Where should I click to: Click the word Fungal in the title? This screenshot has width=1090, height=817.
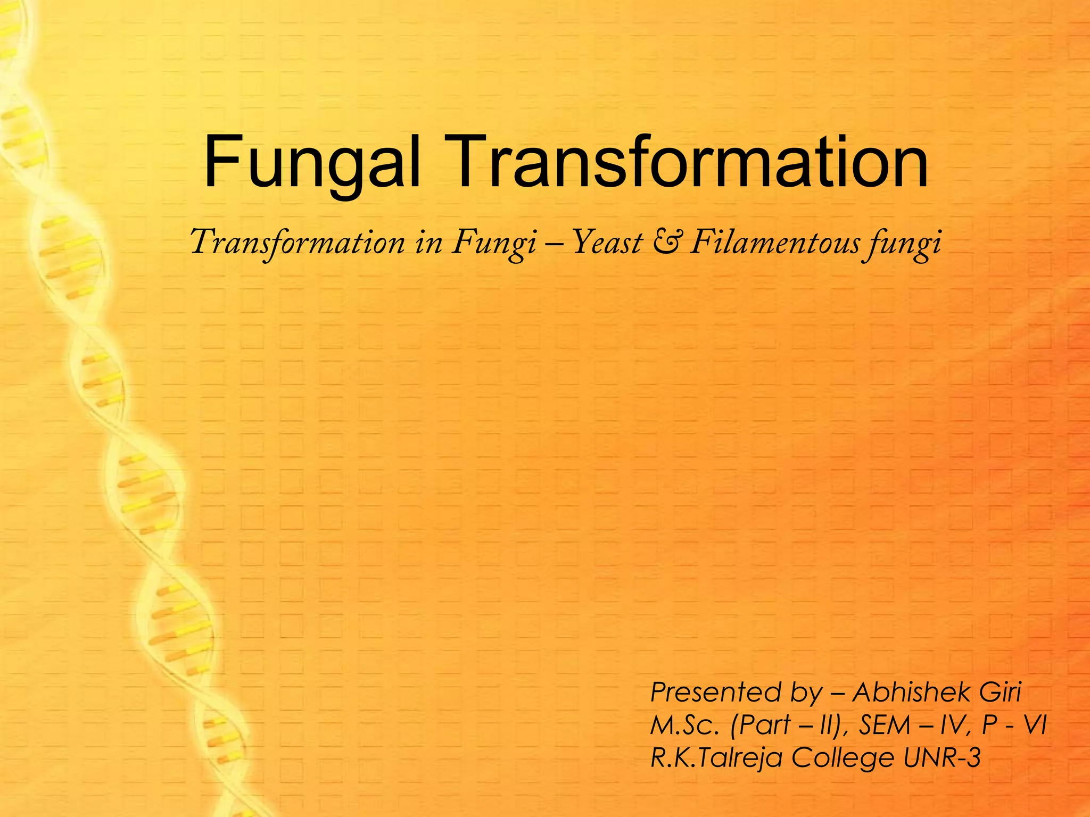[312, 162]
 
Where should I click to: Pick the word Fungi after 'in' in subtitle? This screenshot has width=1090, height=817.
[494, 244]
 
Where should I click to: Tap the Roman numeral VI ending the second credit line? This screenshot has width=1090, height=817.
[1035, 725]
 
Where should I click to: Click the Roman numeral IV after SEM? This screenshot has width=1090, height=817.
[953, 725]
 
